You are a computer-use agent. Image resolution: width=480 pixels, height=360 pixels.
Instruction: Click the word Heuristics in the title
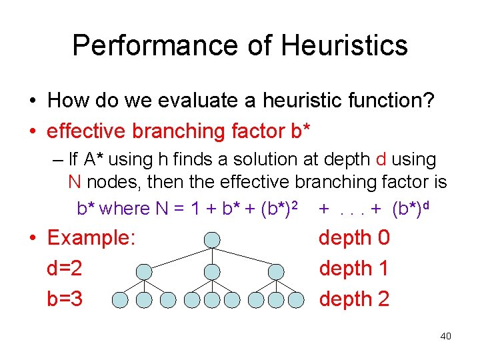tap(344, 46)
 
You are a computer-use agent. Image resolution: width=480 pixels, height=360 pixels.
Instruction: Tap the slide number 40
tap(445, 336)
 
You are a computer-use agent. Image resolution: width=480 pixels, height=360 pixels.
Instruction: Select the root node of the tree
tap(211, 240)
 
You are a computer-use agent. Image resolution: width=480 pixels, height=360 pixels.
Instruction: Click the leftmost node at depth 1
tap(144, 271)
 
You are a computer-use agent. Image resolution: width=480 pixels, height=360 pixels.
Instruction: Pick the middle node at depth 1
tap(211, 271)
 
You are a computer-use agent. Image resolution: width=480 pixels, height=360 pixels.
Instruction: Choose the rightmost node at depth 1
tap(278, 271)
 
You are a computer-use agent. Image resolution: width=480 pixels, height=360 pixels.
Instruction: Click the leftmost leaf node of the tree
tap(120, 300)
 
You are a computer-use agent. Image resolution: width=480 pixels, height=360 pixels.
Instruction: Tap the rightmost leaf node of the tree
tap(302, 300)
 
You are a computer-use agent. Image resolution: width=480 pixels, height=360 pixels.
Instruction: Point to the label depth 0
tap(354, 238)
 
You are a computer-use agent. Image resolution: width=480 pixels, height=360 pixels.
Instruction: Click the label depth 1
tap(354, 269)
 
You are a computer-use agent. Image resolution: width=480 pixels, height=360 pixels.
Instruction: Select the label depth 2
tap(354, 299)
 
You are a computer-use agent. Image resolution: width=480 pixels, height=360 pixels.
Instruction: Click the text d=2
tap(65, 269)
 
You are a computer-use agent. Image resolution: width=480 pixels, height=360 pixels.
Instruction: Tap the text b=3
tap(65, 299)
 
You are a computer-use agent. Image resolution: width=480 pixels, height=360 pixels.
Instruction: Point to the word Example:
tap(92, 238)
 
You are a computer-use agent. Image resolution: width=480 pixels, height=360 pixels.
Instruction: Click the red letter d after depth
tap(381, 160)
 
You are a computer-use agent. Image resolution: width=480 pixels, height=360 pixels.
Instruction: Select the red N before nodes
tap(75, 182)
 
